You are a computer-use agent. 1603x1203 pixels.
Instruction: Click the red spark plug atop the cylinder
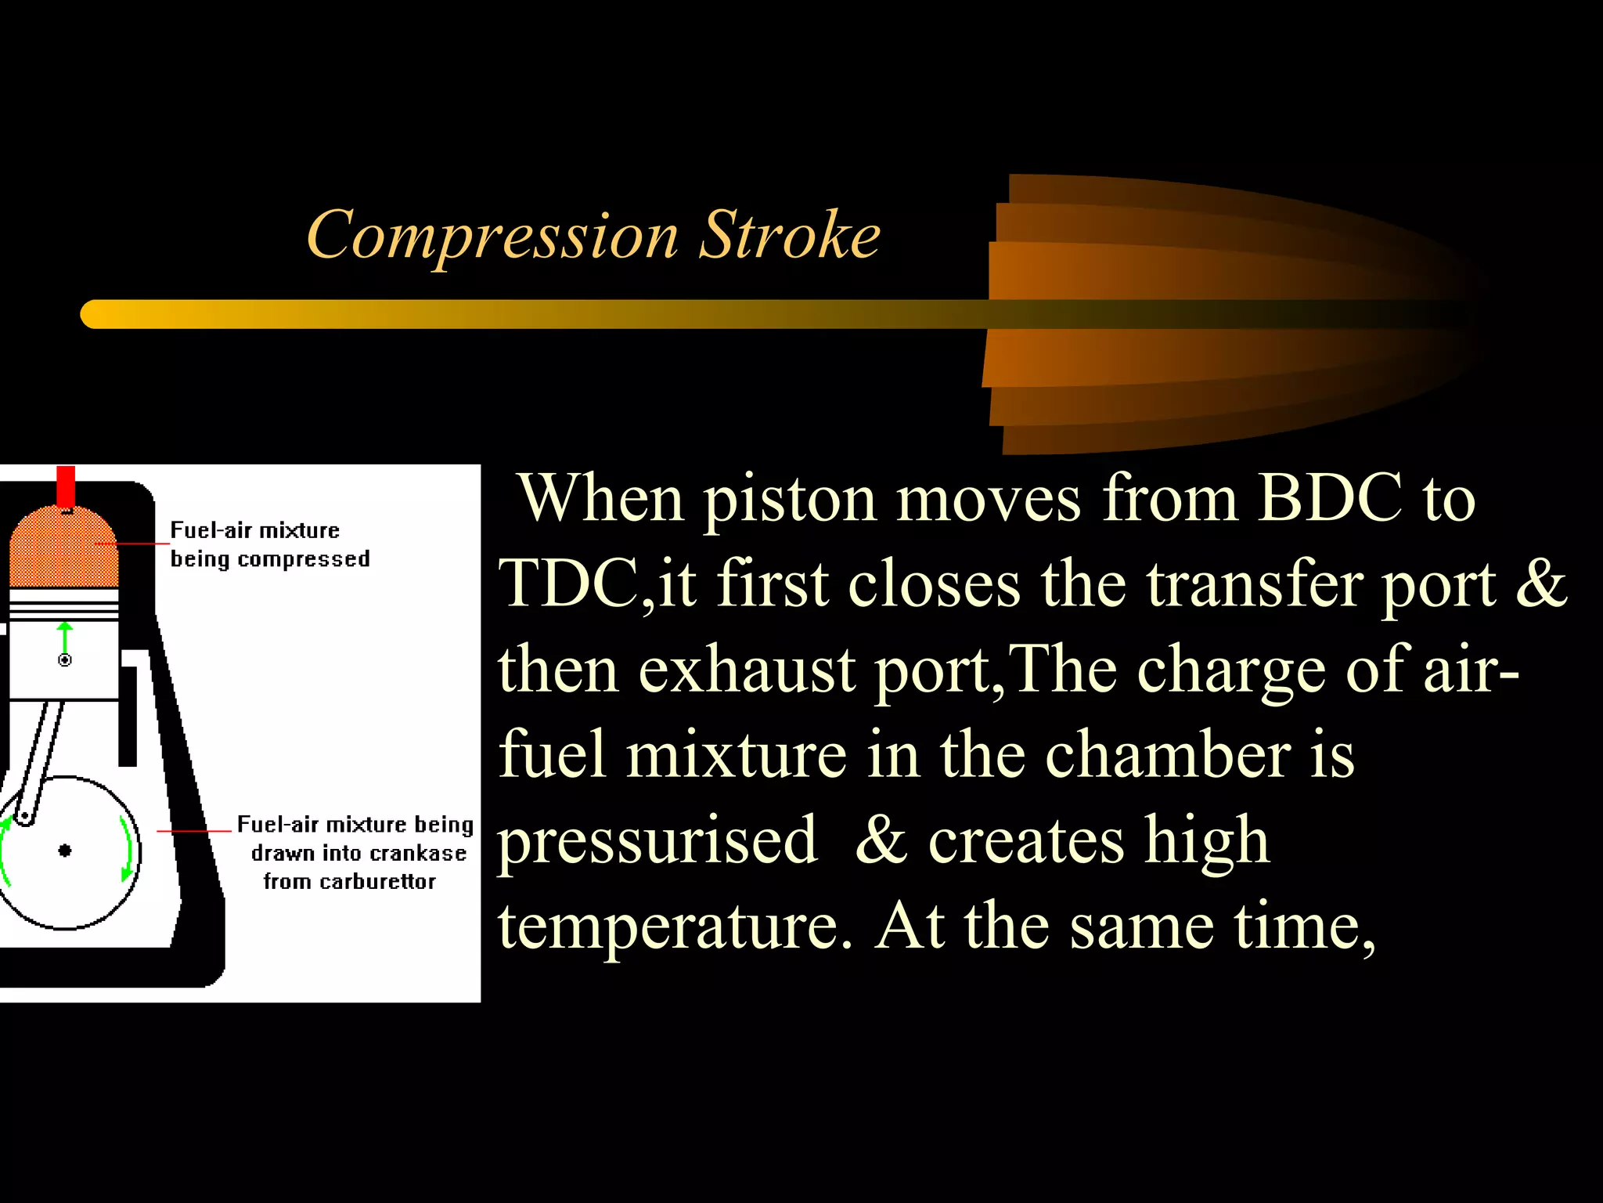66,486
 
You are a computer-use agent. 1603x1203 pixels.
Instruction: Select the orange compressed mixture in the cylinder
63,548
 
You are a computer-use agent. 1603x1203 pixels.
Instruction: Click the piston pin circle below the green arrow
65,660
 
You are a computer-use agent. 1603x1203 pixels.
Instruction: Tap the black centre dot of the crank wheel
65,851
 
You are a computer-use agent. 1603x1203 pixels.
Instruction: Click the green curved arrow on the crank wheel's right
125,849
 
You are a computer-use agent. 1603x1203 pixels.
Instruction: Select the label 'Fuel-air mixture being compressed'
269,544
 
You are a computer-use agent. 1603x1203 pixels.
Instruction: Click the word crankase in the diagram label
420,853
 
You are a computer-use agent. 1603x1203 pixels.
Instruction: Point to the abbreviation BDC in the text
1330,497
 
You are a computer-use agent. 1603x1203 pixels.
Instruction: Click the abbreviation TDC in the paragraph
569,583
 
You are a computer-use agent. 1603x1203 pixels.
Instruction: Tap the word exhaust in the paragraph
747,670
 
